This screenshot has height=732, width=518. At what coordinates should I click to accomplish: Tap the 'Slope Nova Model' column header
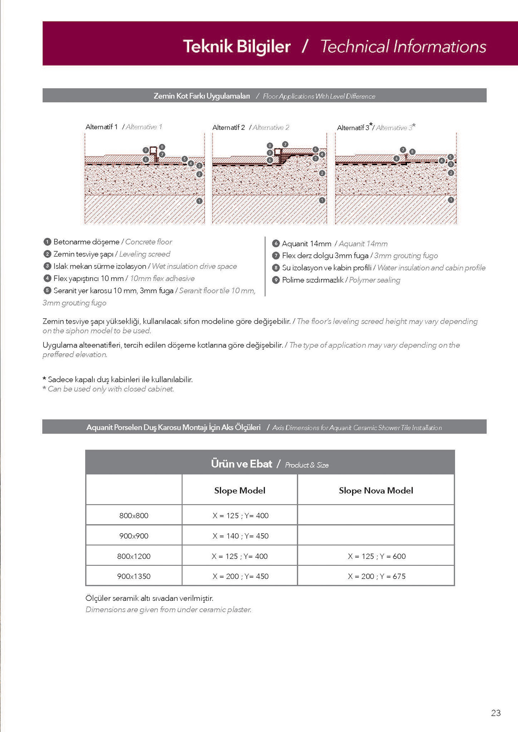click(x=376, y=491)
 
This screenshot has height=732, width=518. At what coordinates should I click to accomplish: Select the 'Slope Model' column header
click(x=240, y=491)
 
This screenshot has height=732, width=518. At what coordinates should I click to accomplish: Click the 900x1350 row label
click(x=134, y=576)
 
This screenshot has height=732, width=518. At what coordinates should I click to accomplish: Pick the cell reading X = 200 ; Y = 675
click(x=376, y=576)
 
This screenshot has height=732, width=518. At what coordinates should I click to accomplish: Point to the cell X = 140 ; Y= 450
click(x=240, y=536)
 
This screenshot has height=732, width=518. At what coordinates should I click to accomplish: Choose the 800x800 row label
click(x=134, y=515)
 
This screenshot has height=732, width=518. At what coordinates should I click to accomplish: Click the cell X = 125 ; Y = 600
click(x=376, y=556)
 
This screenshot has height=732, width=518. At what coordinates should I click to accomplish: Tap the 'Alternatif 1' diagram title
click(x=102, y=127)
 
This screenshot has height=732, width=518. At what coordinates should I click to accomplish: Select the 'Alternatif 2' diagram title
click(x=229, y=128)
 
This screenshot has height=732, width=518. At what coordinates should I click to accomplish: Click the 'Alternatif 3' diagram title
click(x=354, y=128)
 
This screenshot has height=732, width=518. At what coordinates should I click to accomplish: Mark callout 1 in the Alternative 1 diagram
click(x=200, y=201)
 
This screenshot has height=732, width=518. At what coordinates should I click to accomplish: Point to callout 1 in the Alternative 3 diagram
click(x=451, y=200)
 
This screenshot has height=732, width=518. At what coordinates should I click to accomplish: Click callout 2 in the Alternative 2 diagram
click(x=322, y=173)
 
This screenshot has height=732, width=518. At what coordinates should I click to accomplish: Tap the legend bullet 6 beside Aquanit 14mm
click(x=275, y=244)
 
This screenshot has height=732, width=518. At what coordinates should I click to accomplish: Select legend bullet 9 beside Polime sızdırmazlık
click(x=275, y=280)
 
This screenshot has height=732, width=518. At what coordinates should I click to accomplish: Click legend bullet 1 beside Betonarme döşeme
click(x=47, y=242)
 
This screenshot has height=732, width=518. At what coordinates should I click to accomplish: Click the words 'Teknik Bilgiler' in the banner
click(x=237, y=47)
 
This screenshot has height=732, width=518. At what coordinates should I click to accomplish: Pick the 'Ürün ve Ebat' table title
click(x=241, y=464)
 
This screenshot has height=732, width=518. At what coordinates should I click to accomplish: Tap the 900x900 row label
click(x=134, y=536)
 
